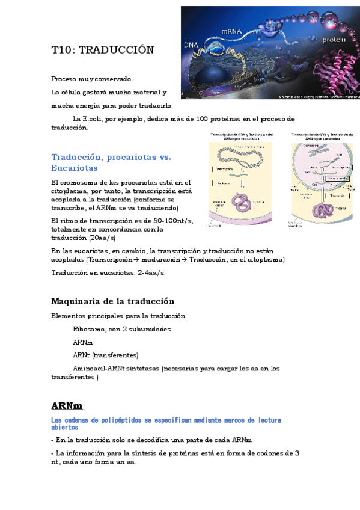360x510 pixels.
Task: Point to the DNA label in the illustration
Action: click(x=190, y=45)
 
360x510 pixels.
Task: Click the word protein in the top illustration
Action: click(x=334, y=40)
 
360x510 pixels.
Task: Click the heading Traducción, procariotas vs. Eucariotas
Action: click(x=111, y=162)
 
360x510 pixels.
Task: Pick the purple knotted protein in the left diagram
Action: click(x=243, y=202)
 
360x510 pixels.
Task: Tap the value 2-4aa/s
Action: click(x=151, y=272)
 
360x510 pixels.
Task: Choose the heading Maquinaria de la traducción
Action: click(x=112, y=301)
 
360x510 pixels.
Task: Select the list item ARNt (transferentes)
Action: click(x=105, y=355)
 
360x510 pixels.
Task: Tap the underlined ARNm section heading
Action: click(x=67, y=405)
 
